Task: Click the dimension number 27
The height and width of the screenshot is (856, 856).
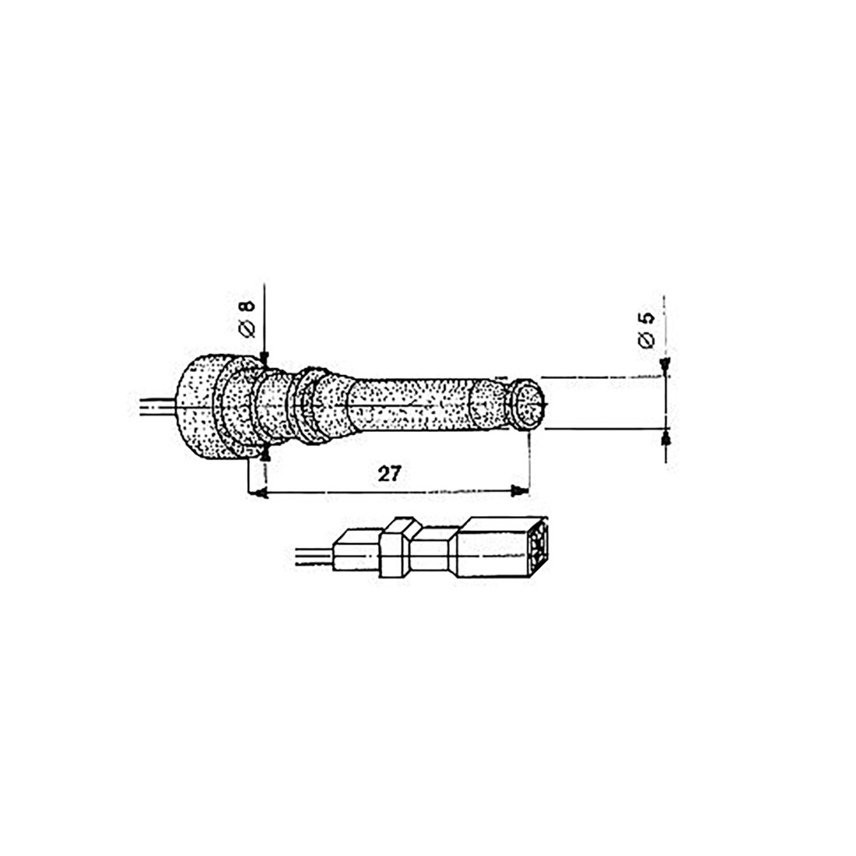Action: (389, 473)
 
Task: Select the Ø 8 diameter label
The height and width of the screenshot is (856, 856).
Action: (247, 318)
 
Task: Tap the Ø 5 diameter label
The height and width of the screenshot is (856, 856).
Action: (646, 330)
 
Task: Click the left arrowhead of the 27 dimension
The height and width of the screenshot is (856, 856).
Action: (258, 493)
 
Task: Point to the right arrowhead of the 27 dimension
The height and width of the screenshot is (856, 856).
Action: (519, 491)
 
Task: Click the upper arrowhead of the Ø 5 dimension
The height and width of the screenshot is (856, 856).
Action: (665, 367)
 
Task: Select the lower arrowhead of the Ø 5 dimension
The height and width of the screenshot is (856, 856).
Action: (665, 437)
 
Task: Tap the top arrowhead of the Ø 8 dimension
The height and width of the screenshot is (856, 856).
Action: (265, 359)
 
